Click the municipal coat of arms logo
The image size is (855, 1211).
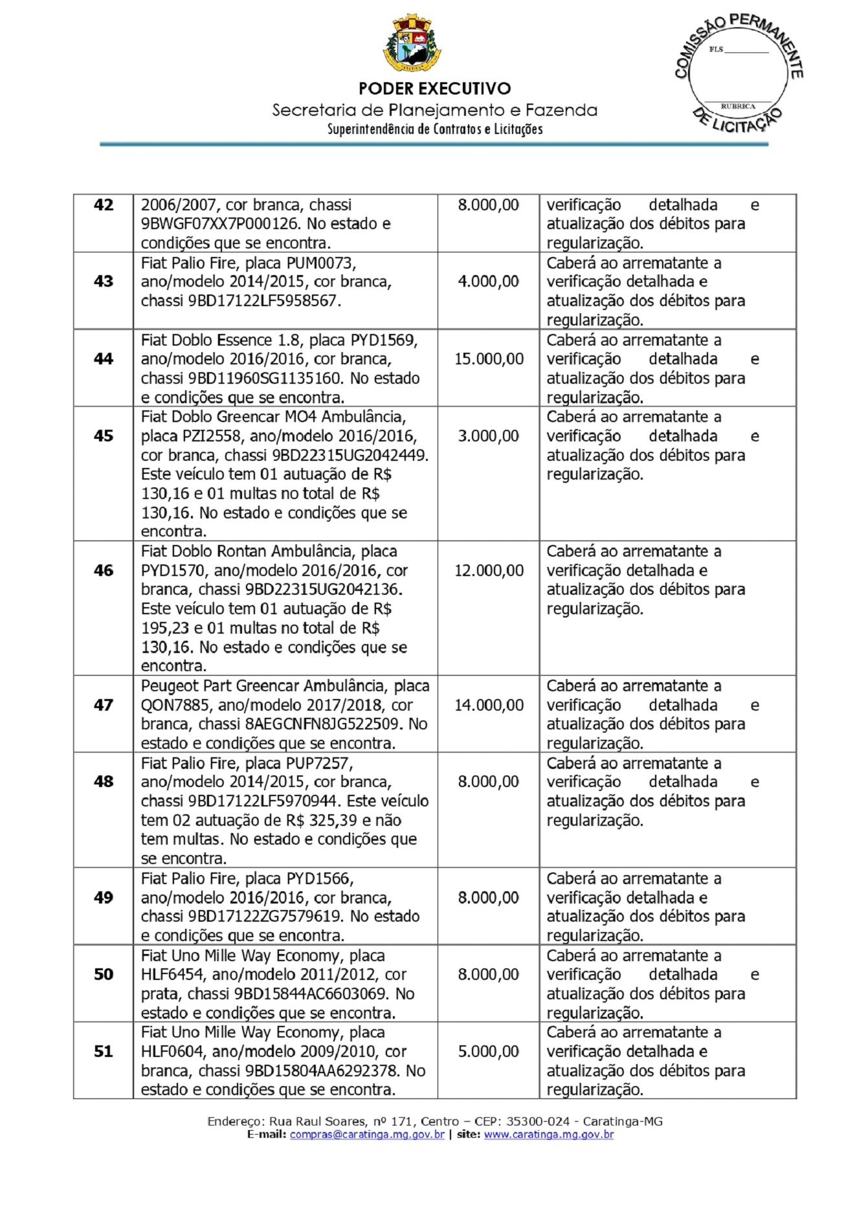[x=412, y=43]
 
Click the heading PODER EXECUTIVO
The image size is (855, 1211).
[x=434, y=89]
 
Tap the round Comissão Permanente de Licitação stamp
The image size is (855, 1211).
[x=738, y=72]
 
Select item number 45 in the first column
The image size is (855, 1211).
[x=104, y=436]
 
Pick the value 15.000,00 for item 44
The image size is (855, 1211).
[x=489, y=359]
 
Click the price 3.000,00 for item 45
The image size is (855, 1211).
[x=489, y=436]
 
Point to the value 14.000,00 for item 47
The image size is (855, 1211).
[x=489, y=705]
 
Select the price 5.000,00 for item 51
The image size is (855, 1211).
[x=489, y=1052]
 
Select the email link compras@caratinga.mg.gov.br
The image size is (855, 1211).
[x=367, y=1135]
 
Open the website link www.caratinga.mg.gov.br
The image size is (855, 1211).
[x=548, y=1135]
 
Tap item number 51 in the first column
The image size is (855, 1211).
[x=104, y=1052]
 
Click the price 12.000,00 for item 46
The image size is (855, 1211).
[x=489, y=571]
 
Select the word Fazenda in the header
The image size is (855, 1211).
[x=561, y=110]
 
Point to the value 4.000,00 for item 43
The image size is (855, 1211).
[x=489, y=282]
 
